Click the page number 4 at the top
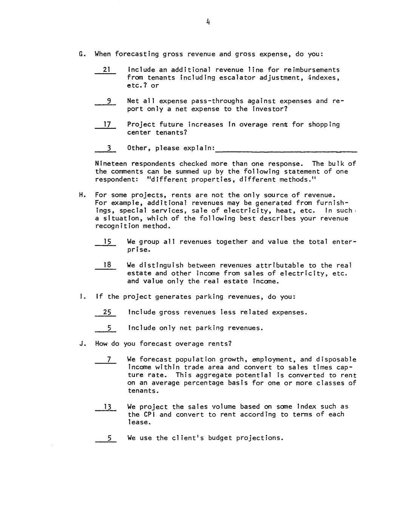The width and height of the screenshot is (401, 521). [x=208, y=22]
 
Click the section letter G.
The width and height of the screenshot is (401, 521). [x=81, y=54]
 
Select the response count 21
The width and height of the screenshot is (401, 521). [x=106, y=69]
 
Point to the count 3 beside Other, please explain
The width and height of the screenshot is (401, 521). [x=108, y=148]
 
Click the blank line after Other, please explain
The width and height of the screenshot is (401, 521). [x=286, y=151]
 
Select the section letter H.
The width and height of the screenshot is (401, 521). [x=81, y=195]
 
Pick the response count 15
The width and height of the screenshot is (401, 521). [x=107, y=242]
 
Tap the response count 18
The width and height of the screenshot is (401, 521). [x=107, y=265]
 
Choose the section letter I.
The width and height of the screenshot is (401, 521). [x=81, y=297]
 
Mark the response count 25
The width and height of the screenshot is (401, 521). [x=107, y=312]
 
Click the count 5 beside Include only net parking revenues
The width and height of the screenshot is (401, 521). [x=109, y=328]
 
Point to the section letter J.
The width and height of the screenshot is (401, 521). [x=81, y=344]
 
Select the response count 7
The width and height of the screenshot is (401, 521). [x=109, y=359]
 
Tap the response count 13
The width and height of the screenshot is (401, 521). [x=108, y=407]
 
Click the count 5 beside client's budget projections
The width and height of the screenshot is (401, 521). [x=109, y=438]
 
